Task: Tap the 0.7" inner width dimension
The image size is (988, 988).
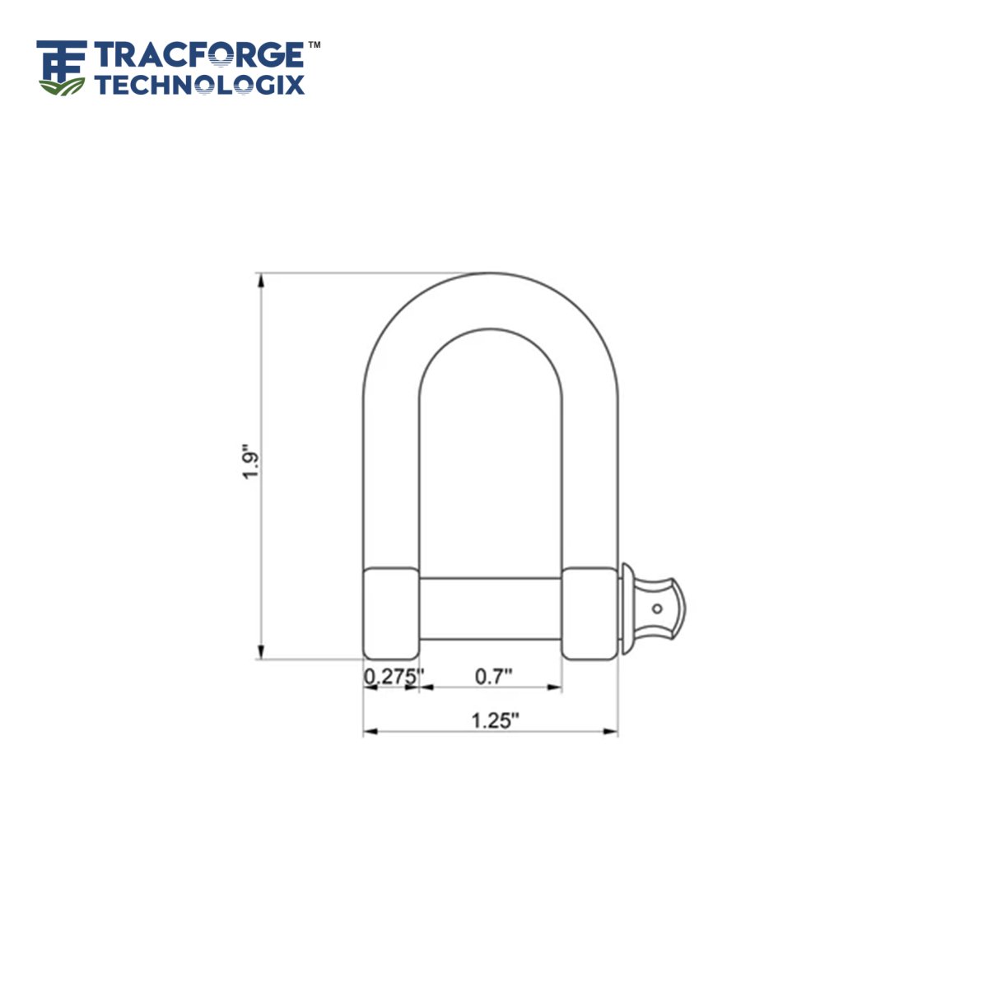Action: tap(494, 676)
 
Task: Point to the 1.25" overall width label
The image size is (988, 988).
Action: tap(495, 720)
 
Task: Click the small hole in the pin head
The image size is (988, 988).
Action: tap(657, 609)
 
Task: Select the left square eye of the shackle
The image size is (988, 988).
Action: tap(391, 613)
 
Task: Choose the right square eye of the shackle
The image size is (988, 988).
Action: tap(590, 613)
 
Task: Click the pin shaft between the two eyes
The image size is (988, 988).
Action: tap(491, 608)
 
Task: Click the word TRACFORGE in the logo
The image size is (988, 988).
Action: tap(199, 55)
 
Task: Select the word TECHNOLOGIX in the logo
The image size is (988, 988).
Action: tap(199, 84)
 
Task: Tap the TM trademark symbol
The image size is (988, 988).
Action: tap(314, 44)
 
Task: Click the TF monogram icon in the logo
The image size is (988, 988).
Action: tap(62, 59)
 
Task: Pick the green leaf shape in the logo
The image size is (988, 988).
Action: tap(63, 85)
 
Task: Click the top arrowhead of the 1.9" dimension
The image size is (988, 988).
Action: tap(261, 280)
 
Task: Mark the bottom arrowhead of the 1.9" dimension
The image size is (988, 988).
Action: tap(261, 651)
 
